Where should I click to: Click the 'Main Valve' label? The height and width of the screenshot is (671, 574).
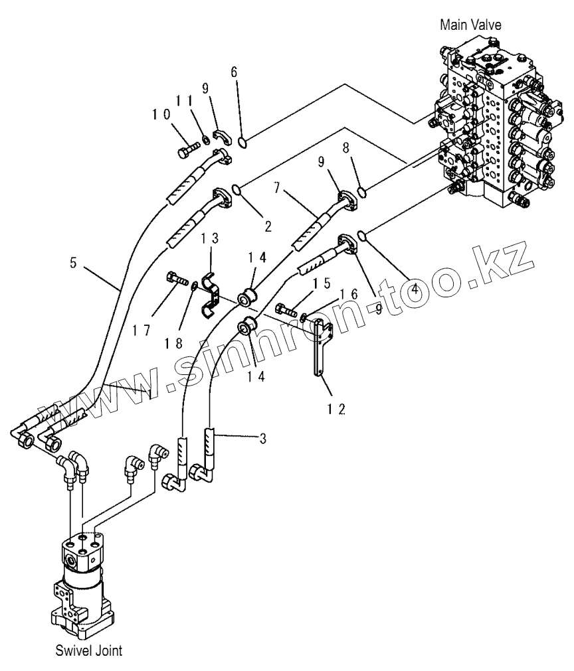coord(470,25)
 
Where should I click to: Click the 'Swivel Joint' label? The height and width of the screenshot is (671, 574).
coord(88,650)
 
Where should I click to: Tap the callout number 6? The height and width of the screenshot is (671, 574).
coord(234,72)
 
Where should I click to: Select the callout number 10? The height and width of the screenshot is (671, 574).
coord(161,114)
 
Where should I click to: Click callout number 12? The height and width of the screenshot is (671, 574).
coord(336,410)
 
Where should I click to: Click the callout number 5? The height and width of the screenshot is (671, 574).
coord(73,262)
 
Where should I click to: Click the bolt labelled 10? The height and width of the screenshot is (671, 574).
coord(188,149)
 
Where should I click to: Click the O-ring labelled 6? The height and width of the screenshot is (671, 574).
coord(242,141)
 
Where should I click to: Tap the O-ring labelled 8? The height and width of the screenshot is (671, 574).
coord(361,193)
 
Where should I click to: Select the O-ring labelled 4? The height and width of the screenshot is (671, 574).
coord(362,235)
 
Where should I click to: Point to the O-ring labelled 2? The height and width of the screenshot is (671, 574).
coord(236,188)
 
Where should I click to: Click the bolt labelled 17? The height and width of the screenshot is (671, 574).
coord(177,279)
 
